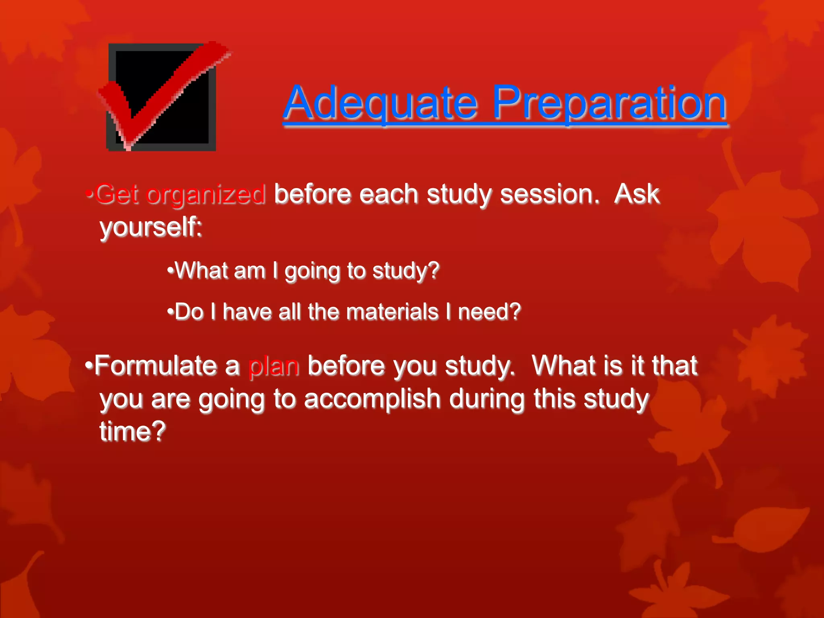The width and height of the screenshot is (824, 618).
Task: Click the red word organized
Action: pyautogui.click(x=206, y=195)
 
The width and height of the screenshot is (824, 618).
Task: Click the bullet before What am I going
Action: pyautogui.click(x=171, y=270)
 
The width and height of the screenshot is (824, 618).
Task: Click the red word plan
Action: pyautogui.click(x=274, y=367)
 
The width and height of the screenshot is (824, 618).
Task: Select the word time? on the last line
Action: pyautogui.click(x=132, y=431)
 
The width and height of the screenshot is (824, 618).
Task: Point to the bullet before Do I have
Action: pyautogui.click(x=171, y=311)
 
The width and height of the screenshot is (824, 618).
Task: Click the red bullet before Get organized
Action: pyautogui.click(x=89, y=194)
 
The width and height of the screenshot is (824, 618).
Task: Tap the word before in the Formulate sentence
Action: pyautogui.click(x=346, y=366)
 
